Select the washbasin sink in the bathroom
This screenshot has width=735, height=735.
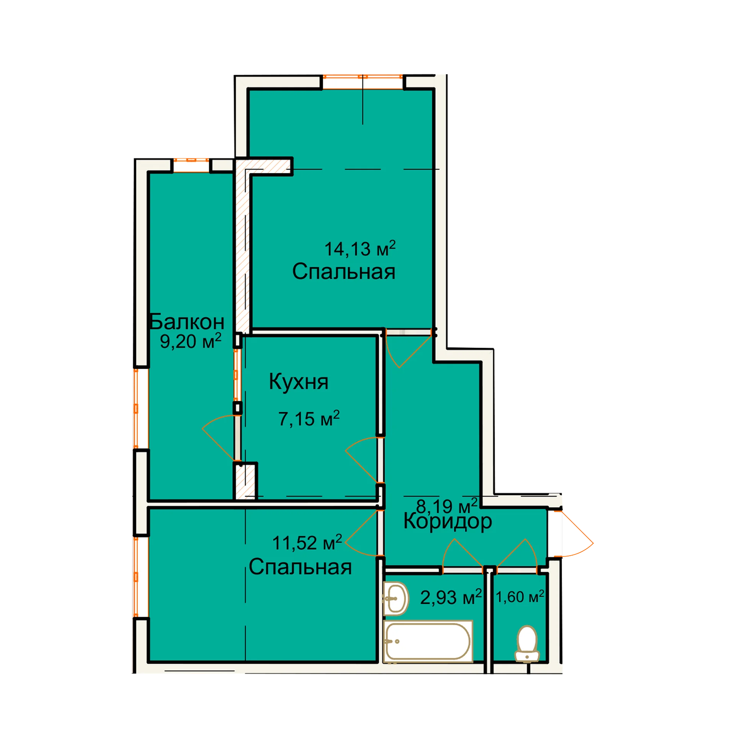tap(396, 598)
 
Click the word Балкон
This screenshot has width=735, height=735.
tap(186, 322)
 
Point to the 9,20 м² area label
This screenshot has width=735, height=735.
tap(191, 341)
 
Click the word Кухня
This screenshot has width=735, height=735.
tap(299, 382)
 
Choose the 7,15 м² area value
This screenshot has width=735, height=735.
tap(309, 418)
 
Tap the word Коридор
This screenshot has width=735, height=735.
tap(448, 521)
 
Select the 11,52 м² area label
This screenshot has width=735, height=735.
tap(307, 542)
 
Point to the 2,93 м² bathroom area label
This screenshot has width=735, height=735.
tap(451, 597)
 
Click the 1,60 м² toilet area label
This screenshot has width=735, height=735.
tap(520, 597)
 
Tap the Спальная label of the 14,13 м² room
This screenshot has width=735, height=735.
tap(344, 271)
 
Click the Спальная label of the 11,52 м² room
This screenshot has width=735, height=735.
tap(300, 567)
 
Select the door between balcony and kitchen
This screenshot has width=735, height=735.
tap(220, 438)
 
